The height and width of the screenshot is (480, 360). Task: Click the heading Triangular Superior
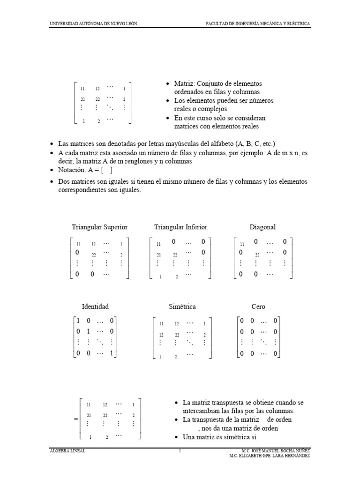pyautogui.click(x=99, y=227)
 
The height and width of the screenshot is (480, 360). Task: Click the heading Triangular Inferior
pyautogui.click(x=180, y=227)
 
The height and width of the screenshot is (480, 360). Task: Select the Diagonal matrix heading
pyautogui.click(x=262, y=227)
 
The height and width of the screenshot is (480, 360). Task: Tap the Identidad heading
pyautogui.click(x=95, y=307)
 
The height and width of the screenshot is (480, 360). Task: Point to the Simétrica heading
pyautogui.click(x=182, y=307)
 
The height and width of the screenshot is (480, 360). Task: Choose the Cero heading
pyautogui.click(x=258, y=307)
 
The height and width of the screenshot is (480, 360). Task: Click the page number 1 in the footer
pyautogui.click(x=180, y=451)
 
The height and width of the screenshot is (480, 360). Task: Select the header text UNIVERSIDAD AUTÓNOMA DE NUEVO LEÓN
pyautogui.click(x=93, y=24)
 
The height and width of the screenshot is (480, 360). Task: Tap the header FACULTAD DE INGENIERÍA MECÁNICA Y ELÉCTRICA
pyautogui.click(x=258, y=24)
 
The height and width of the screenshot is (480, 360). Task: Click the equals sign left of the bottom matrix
pyautogui.click(x=76, y=420)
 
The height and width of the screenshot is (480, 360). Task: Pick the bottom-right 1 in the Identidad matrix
pyautogui.click(x=112, y=354)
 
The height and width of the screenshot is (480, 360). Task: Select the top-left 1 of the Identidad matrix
pyautogui.click(x=78, y=321)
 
